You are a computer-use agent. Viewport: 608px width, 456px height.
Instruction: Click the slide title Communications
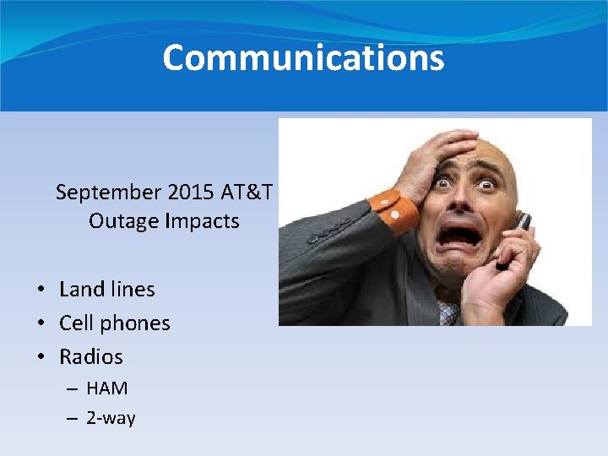click(x=303, y=57)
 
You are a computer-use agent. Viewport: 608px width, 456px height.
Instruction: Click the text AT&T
click(x=247, y=193)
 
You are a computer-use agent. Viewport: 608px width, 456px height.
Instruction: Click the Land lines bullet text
click(x=107, y=289)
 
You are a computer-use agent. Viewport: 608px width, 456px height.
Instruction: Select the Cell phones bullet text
click(x=115, y=323)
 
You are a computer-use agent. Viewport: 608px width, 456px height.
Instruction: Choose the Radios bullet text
click(x=91, y=356)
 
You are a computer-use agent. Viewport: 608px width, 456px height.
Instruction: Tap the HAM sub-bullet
click(x=107, y=388)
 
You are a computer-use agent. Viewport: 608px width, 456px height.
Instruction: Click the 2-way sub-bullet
click(x=111, y=418)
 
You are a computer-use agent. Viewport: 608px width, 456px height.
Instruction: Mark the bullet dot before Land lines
click(x=41, y=290)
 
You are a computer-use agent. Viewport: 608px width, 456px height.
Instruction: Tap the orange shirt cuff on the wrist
click(x=394, y=210)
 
